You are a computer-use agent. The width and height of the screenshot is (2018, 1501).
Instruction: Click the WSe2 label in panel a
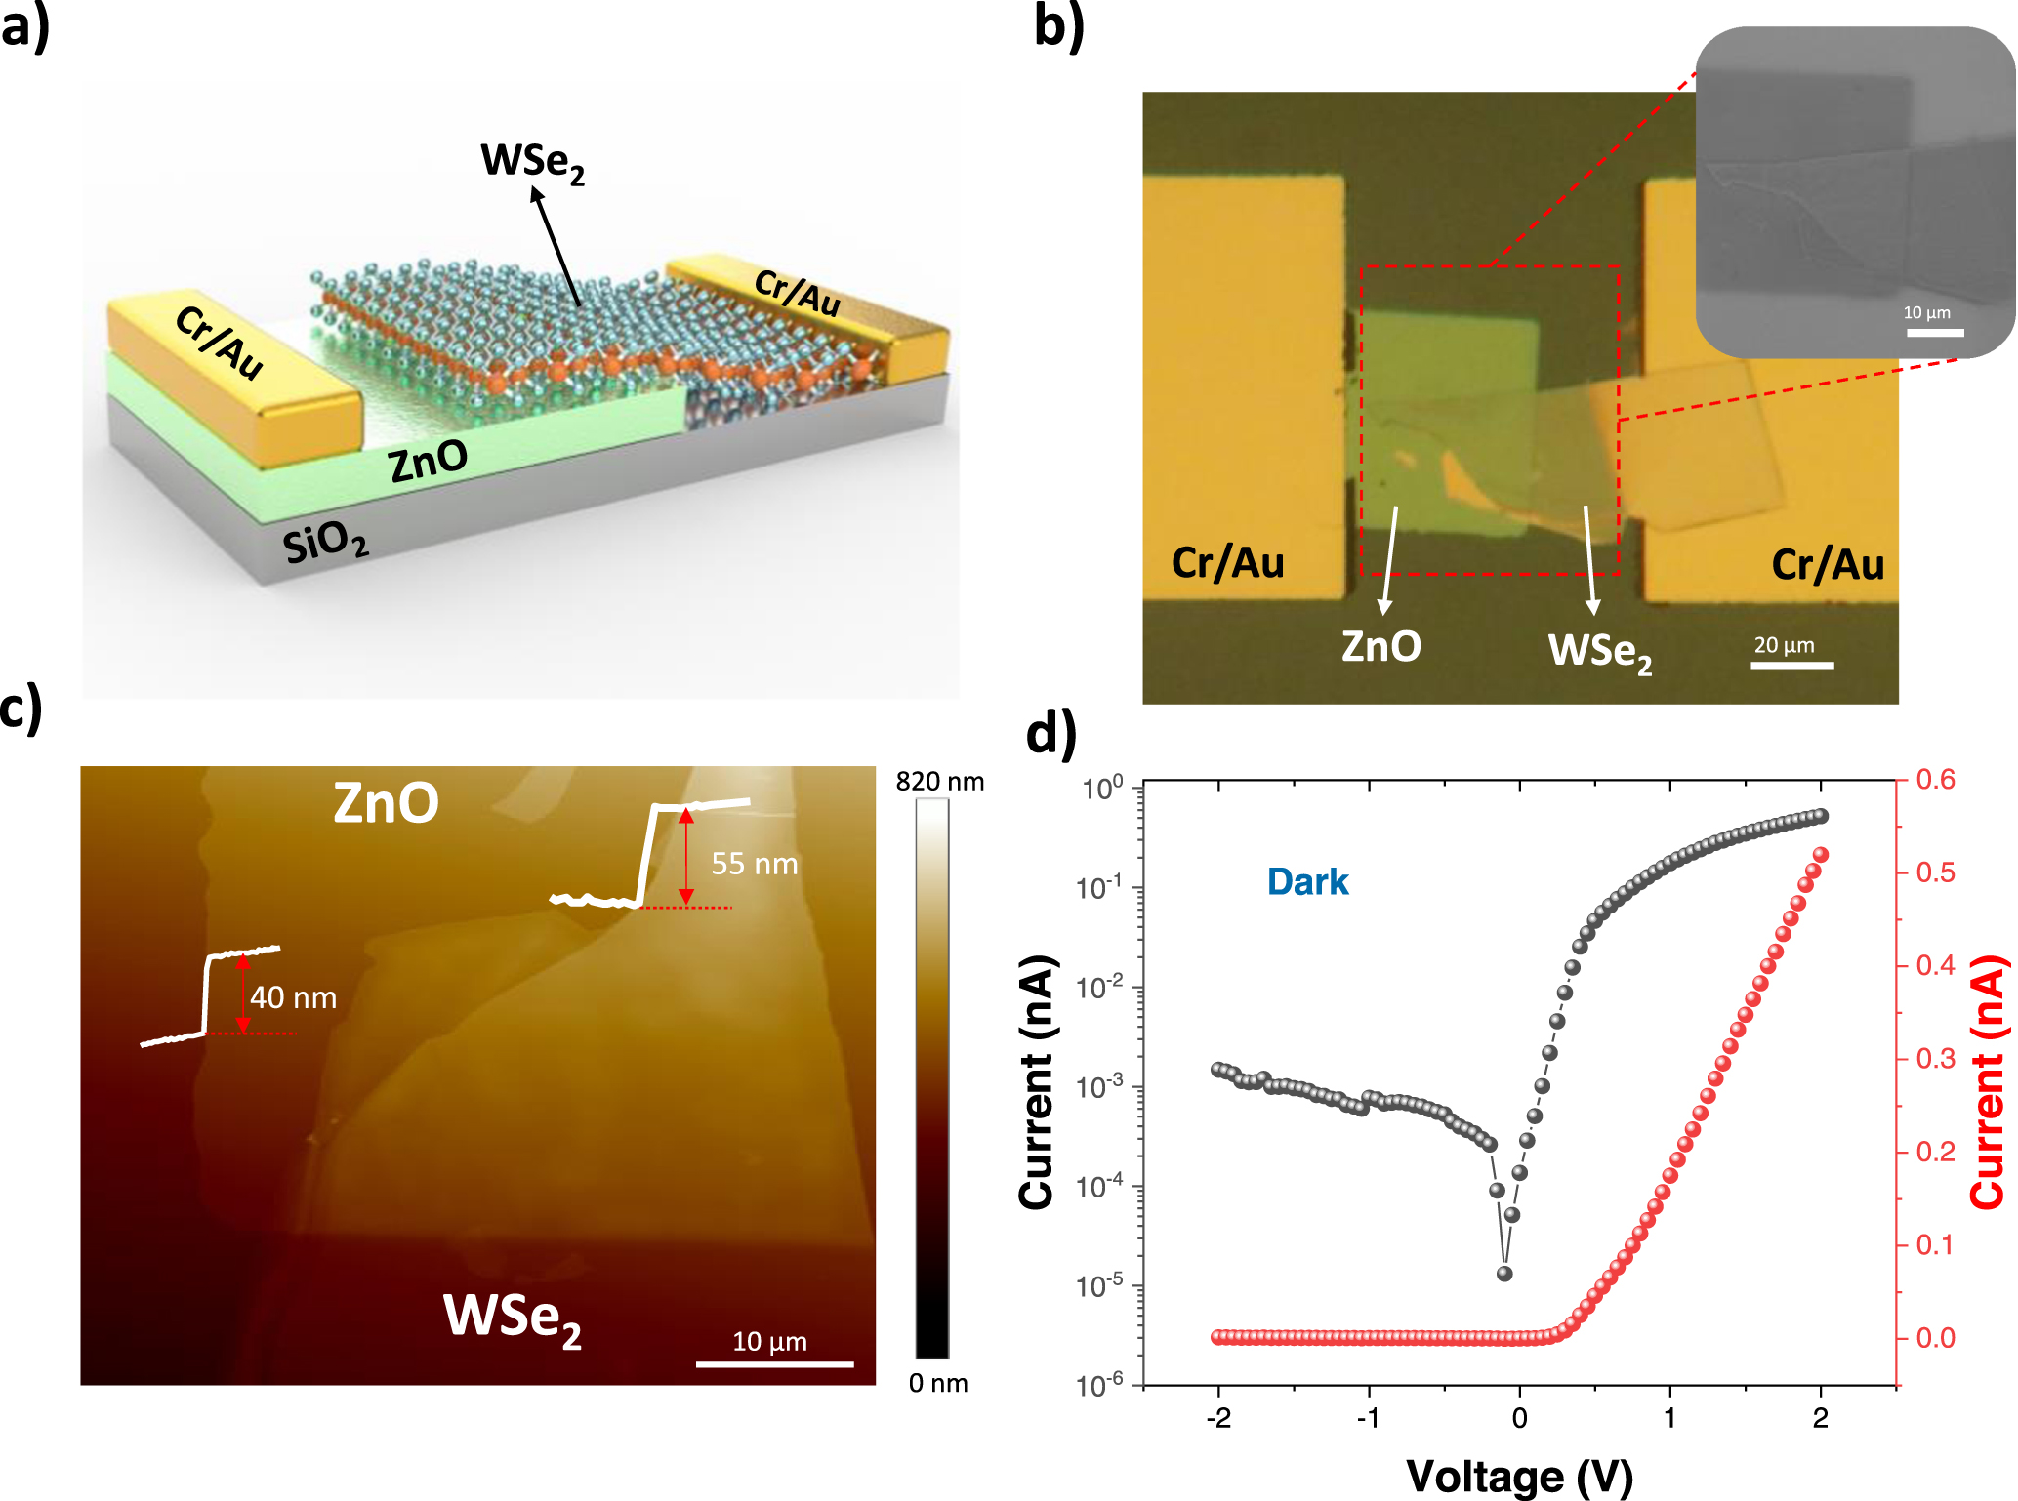[x=532, y=162]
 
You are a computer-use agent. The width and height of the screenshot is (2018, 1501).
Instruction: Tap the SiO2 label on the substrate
[x=325, y=542]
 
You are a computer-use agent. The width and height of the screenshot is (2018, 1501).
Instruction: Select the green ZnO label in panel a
[x=428, y=461]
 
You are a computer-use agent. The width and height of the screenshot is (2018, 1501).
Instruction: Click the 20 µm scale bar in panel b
[x=1791, y=665]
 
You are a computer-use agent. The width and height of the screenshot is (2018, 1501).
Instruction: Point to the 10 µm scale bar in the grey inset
[x=1934, y=333]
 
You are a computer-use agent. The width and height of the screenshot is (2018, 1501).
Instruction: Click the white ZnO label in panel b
[x=1380, y=647]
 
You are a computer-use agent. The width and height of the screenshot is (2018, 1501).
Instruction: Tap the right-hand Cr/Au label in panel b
[x=1827, y=565]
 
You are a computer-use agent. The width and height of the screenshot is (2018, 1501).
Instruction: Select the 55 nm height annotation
[x=754, y=864]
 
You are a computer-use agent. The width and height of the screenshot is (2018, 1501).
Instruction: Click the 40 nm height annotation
[x=293, y=997]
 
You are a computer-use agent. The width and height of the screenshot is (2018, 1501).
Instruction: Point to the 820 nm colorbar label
[x=939, y=782]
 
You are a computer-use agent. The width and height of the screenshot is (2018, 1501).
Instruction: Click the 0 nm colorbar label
[x=937, y=1383]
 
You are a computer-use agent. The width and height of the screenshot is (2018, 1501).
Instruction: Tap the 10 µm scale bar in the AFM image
[x=774, y=1363]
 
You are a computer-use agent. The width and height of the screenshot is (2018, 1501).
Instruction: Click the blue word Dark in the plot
[x=1306, y=882]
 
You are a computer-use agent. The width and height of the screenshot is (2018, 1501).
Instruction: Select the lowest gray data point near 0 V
[x=1504, y=1274]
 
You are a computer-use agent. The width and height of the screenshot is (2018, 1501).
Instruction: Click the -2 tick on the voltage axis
[x=1217, y=1418]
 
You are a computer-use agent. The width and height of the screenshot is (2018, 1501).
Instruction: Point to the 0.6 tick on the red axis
[x=1935, y=780]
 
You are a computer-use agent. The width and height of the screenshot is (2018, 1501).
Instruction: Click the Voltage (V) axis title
[x=1519, y=1476]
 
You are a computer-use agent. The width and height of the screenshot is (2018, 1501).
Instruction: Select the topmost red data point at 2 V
[x=1820, y=855]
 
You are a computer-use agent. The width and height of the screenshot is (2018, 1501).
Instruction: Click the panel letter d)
[x=1051, y=732]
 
